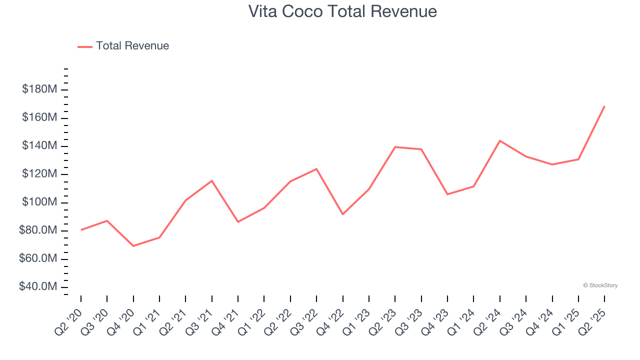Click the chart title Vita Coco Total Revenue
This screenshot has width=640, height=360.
point(342,11)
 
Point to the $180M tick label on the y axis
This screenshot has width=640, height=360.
point(39,89)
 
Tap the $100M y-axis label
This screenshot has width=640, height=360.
point(39,202)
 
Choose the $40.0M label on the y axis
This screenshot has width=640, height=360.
point(38,287)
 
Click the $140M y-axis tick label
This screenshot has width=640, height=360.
point(39,146)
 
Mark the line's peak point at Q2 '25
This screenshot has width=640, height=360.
point(604,106)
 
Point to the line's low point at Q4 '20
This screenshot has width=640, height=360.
point(133,246)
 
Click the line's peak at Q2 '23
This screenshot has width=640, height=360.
point(395,147)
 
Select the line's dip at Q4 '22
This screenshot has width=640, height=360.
point(342,214)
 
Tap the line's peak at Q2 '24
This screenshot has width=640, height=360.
point(499,140)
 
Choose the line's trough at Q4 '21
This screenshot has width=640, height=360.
point(238,221)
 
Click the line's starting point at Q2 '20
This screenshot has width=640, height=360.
point(81,230)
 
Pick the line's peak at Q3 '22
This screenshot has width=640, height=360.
point(316,169)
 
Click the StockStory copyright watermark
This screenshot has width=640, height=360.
point(600,285)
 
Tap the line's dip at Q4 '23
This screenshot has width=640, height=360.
point(447,194)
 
